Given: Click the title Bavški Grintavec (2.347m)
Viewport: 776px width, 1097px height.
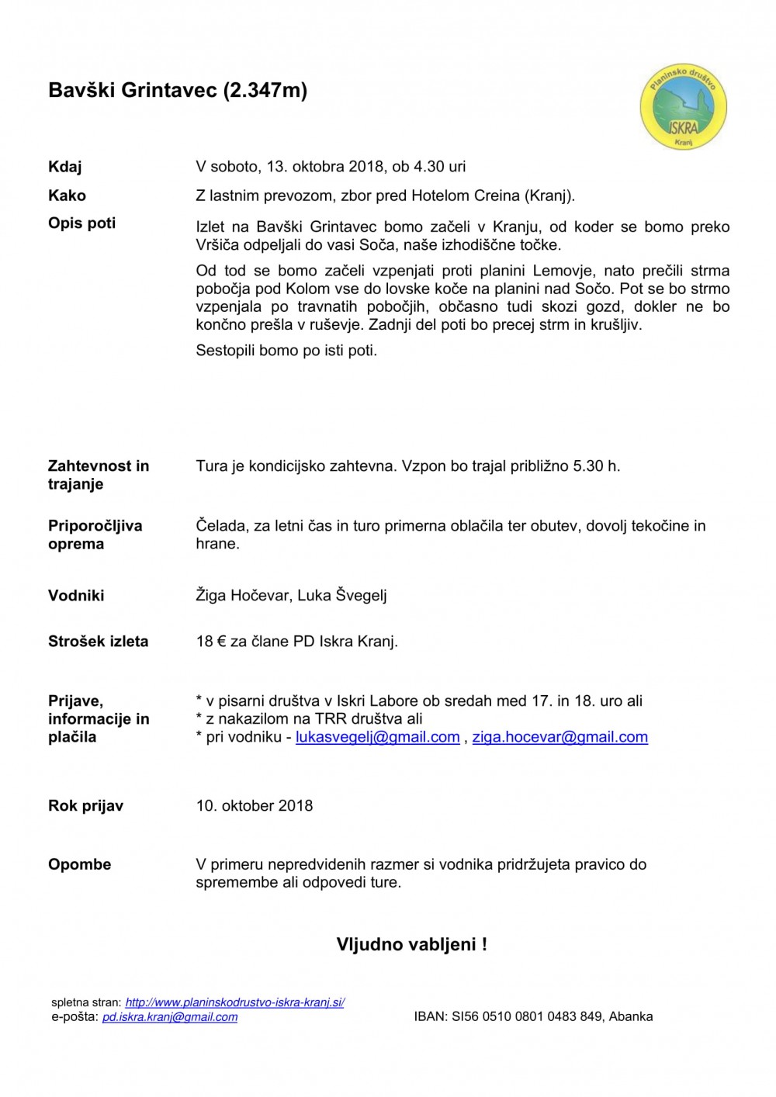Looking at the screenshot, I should [178, 91].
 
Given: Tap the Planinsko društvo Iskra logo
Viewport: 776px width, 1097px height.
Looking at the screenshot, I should [683, 108].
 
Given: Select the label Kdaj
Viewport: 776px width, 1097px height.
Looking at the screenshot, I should [65, 167].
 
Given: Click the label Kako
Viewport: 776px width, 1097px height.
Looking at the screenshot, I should [68, 196].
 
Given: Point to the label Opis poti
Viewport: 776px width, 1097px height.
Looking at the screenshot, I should [82, 223].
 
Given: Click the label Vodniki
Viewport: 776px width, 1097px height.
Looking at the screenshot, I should [76, 596].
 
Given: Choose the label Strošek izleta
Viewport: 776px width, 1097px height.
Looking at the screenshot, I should [99, 642].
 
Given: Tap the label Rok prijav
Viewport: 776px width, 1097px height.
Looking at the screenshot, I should [86, 806].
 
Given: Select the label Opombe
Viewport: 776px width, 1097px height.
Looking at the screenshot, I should [80, 865].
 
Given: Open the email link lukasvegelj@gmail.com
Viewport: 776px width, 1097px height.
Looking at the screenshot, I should [378, 738].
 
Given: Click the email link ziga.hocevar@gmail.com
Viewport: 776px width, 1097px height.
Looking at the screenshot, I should [559, 738].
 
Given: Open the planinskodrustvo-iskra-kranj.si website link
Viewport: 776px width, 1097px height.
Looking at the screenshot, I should [235, 1002].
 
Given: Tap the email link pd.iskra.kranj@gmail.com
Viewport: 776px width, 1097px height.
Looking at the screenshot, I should [170, 1017].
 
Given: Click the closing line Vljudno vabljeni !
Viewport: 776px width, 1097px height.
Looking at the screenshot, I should [412, 945].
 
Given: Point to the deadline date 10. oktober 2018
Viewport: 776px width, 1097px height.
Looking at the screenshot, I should [255, 806].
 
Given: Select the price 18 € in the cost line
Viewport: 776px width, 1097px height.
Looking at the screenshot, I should [210, 642].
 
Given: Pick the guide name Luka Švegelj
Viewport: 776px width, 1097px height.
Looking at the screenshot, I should [342, 596].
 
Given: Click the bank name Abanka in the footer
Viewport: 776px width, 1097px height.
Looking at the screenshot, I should [631, 1017].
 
